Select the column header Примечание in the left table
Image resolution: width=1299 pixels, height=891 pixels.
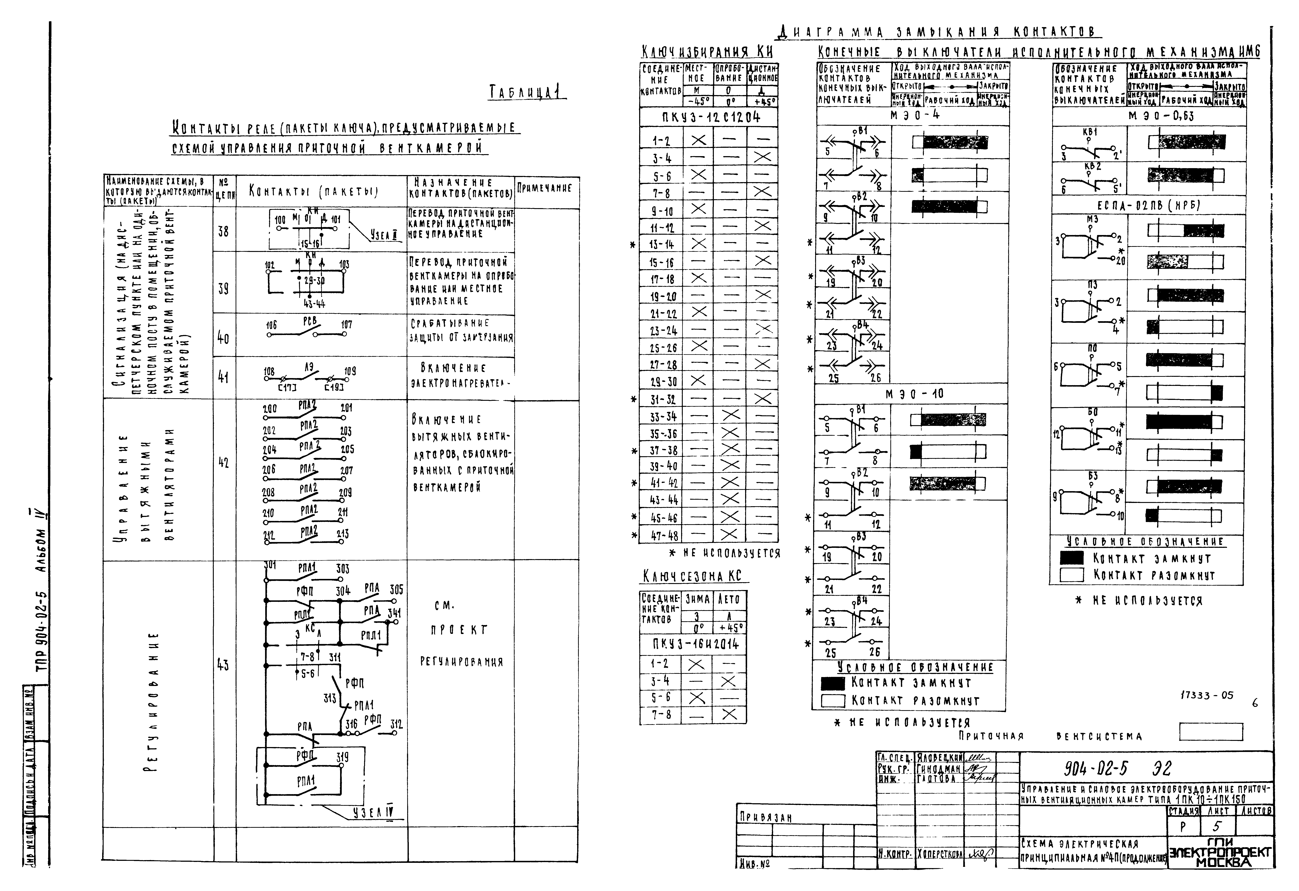click(x=545, y=188)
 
